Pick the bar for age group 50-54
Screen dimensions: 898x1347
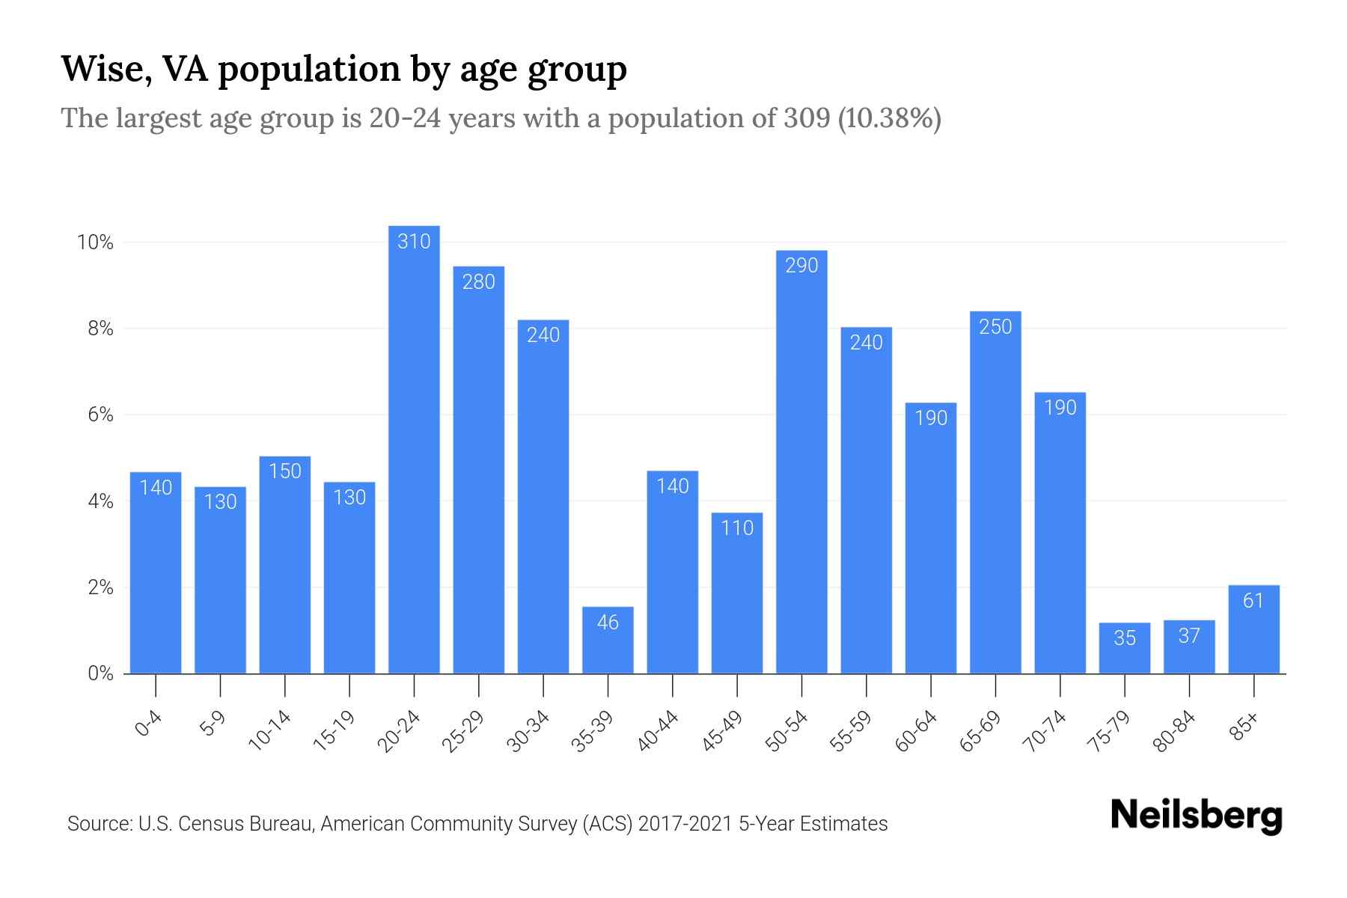pyautogui.click(x=801, y=464)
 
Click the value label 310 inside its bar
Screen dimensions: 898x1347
pyautogui.click(x=414, y=242)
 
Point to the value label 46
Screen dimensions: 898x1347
pyautogui.click(x=608, y=623)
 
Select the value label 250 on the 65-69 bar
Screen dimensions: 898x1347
pyautogui.click(x=995, y=327)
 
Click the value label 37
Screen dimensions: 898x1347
pyautogui.click(x=1189, y=636)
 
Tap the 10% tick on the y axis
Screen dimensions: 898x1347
pyautogui.click(x=95, y=242)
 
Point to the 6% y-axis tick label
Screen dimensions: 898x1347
pyautogui.click(x=100, y=415)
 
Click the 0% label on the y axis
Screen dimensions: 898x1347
pyautogui.click(x=100, y=673)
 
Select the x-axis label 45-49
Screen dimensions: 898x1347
pyautogui.click(x=723, y=731)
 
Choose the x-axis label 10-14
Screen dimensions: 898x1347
pyautogui.click(x=270, y=731)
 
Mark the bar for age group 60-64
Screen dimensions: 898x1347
pyautogui.click(x=931, y=539)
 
